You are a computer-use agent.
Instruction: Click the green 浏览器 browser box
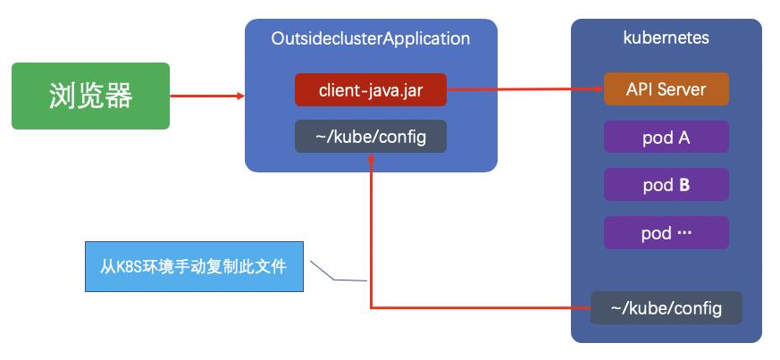(x=90, y=96)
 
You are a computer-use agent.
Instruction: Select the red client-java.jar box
(x=371, y=89)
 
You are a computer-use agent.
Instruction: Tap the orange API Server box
(x=666, y=89)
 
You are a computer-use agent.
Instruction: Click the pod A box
(x=666, y=138)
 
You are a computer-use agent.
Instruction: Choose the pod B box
(x=666, y=186)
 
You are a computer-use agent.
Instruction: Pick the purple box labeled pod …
(x=666, y=233)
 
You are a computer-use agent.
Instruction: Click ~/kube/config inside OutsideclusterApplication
(x=371, y=137)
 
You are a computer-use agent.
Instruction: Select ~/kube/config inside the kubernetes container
(x=666, y=308)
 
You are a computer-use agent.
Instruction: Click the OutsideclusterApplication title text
(x=371, y=38)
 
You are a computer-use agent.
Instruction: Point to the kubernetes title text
(x=666, y=38)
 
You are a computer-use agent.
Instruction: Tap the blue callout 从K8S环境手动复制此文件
(x=194, y=266)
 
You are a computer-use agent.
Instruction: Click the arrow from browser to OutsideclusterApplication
(x=205, y=96)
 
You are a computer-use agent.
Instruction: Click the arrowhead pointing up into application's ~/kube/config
(x=370, y=157)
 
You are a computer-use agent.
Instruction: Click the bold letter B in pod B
(x=684, y=186)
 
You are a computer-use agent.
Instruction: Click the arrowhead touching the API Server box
(x=599, y=89)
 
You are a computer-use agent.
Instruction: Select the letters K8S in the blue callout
(x=131, y=266)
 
